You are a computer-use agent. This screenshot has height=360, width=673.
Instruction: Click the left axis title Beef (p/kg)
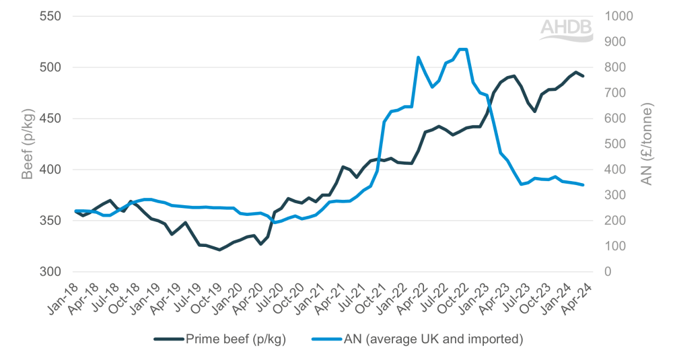(27, 143)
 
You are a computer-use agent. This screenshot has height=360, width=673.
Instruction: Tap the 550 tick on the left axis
(50, 16)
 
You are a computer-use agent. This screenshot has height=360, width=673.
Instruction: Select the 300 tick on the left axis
(50, 272)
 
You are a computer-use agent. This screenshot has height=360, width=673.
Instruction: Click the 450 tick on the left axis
(50, 118)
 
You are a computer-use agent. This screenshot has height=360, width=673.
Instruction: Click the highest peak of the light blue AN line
(463, 49)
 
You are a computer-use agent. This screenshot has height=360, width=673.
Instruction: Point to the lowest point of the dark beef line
(219, 250)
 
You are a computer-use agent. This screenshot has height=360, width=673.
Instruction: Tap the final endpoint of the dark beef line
(583, 76)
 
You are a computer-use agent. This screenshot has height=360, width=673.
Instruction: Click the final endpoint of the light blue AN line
(583, 185)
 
